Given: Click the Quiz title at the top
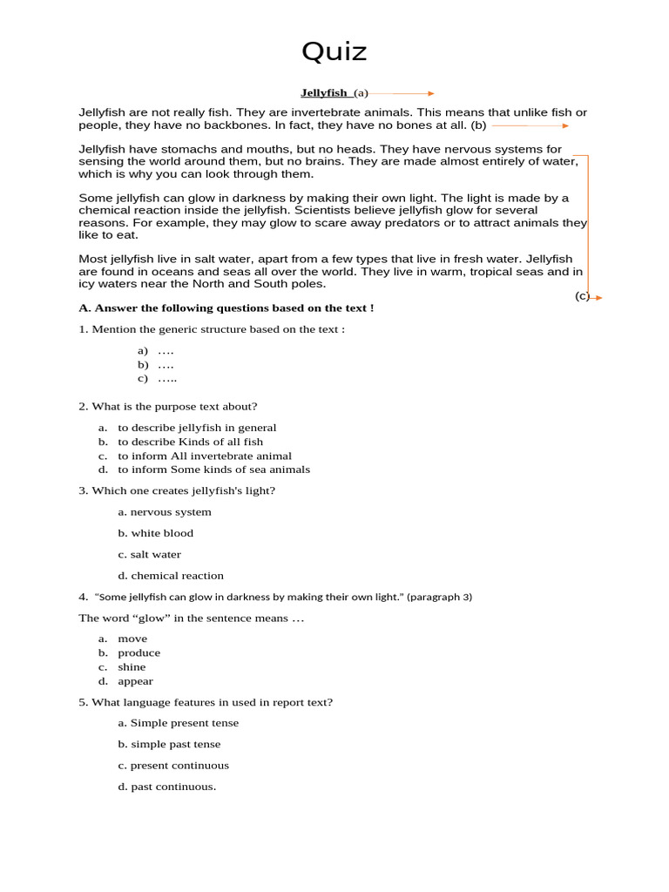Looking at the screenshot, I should [334, 52].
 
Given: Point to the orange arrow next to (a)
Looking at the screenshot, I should [402, 93].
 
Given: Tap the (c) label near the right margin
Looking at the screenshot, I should [581, 296].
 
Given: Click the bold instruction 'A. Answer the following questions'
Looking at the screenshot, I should [226, 307].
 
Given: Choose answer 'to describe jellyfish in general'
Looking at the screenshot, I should [197, 428].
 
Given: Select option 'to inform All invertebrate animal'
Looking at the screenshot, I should [205, 456].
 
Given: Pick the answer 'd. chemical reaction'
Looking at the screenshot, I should [171, 575].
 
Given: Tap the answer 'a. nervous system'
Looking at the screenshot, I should [165, 512].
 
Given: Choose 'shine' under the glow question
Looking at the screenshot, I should [132, 667].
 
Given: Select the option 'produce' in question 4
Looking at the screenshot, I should [139, 652].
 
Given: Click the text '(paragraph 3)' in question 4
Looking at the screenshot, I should [439, 597].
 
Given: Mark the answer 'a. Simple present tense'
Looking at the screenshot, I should [178, 723].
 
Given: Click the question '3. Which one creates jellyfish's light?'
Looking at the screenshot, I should [177, 490].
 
